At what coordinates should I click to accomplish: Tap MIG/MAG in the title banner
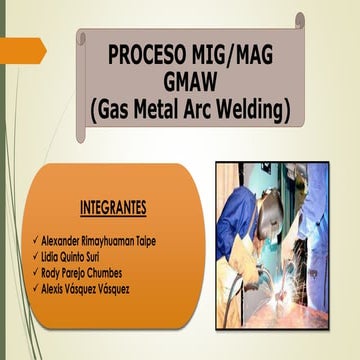(234, 54)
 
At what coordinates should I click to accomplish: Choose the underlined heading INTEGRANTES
(112, 208)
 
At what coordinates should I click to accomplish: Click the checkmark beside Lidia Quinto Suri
(37, 258)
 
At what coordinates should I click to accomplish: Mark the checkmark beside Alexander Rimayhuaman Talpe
(37, 242)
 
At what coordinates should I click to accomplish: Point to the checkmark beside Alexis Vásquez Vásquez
(37, 290)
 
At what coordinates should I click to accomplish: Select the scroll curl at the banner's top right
(298, 21)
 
